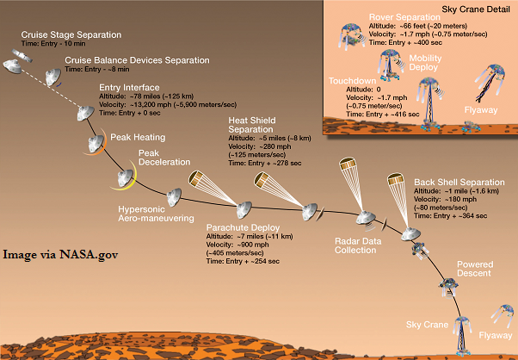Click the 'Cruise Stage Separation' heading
pyautogui.click(x=71, y=34)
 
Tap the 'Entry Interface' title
pyautogui.click(x=129, y=88)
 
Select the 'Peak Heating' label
pyautogui.click(x=138, y=137)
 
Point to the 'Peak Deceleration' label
pyautogui.click(x=164, y=158)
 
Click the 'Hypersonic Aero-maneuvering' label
pyautogui.click(x=156, y=214)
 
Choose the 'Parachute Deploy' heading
pyautogui.click(x=243, y=227)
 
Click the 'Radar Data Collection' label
pyautogui.click(x=358, y=245)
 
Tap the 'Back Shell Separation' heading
pyautogui.click(x=459, y=182)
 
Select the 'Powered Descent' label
pyautogui.click(x=475, y=269)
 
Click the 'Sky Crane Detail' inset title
pyautogui.click(x=476, y=9)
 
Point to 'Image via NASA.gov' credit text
pyautogui.click(x=60, y=255)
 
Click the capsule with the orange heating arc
pyautogui.click(x=96, y=144)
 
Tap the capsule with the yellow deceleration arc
pyautogui.click(x=125, y=177)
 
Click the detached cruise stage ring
pyautogui.click(x=22, y=55)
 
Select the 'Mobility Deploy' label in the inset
pyautogui.click(x=425, y=63)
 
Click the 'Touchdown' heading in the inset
pyautogui.click(x=352, y=81)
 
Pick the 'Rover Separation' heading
pyautogui.click(x=404, y=17)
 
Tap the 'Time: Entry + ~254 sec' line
pyautogui.click(x=243, y=261)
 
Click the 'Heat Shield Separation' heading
pyautogui.click(x=252, y=125)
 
